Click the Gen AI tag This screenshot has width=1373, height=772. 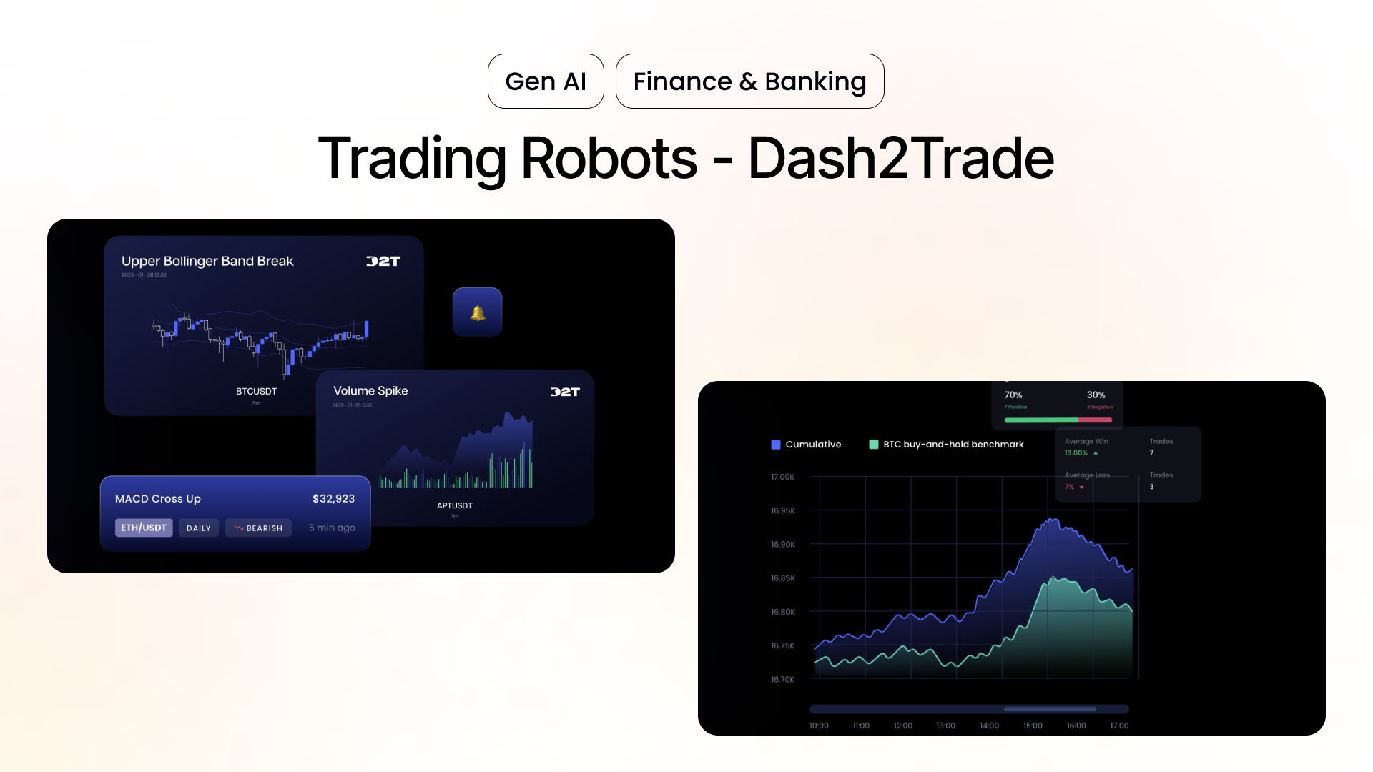(x=546, y=81)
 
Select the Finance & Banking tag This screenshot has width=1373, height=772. (x=749, y=81)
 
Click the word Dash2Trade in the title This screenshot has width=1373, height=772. (x=900, y=158)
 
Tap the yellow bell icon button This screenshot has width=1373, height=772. (x=478, y=312)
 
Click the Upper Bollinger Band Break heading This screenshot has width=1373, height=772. (x=207, y=261)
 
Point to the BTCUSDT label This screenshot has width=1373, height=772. (x=256, y=391)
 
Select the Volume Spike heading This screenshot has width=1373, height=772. (x=370, y=390)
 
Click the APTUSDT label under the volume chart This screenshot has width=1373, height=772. (x=454, y=505)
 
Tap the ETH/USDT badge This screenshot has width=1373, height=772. (x=144, y=528)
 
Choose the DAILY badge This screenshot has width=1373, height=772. (x=199, y=528)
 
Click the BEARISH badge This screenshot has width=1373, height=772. (x=258, y=528)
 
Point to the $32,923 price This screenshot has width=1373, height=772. (x=333, y=498)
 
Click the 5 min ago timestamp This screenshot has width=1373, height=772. (x=332, y=528)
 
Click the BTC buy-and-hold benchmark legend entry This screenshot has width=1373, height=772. (x=946, y=445)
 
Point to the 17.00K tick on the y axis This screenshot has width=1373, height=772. (x=782, y=477)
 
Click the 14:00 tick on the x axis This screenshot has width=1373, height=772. (x=989, y=726)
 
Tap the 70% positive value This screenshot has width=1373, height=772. (x=1013, y=395)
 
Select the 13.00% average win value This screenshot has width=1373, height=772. (x=1076, y=452)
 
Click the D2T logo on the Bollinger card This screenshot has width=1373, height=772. (x=383, y=261)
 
